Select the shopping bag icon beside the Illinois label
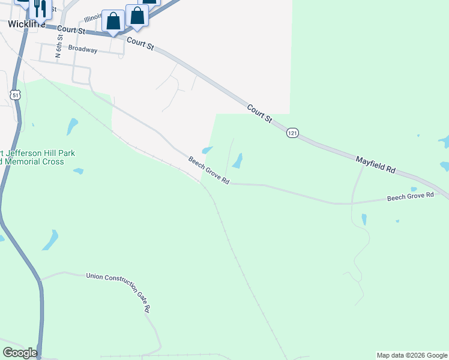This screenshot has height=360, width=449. click(113, 22)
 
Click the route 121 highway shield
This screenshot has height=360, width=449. click(292, 133)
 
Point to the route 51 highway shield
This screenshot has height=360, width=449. click(16, 95)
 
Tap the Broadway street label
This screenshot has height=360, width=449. click(83, 49)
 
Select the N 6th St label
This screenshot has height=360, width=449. click(59, 47)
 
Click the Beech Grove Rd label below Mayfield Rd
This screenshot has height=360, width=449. click(410, 196)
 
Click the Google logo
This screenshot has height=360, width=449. click(19, 353)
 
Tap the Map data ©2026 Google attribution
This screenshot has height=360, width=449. click(412, 355)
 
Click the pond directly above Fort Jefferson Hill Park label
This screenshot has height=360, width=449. click(73, 126)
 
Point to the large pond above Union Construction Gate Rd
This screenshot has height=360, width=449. click(50, 240)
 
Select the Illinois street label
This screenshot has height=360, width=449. click(94, 19)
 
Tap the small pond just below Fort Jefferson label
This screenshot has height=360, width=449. click(78, 171)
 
